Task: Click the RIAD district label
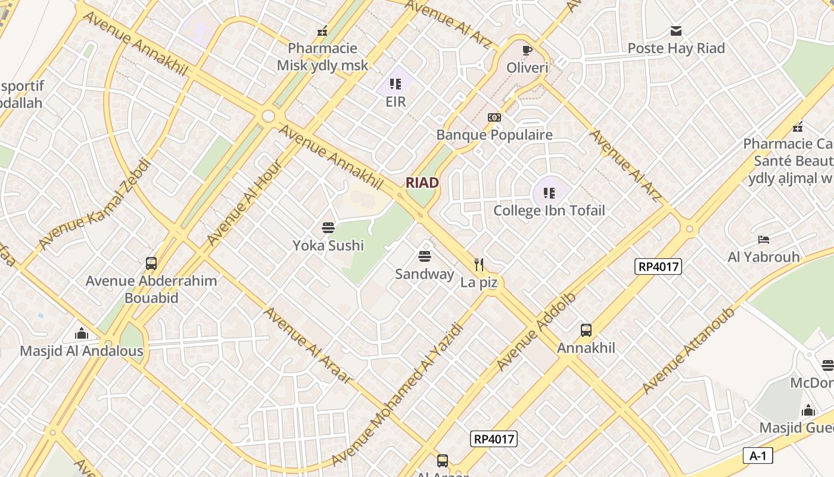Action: point(422,183)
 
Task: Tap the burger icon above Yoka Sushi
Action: point(328,228)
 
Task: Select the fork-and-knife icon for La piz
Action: point(478,264)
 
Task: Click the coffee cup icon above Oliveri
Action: point(527,50)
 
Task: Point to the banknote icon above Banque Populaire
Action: point(494,117)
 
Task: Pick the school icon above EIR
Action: point(395,84)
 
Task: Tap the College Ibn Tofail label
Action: point(549,210)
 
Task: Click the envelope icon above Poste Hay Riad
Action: point(676,31)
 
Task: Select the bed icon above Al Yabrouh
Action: point(763,240)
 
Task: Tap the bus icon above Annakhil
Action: point(586,330)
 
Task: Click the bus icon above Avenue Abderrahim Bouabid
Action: point(151,263)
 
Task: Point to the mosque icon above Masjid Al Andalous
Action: point(82,333)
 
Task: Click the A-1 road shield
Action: point(758,456)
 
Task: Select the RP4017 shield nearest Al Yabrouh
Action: point(659,267)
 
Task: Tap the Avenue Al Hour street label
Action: point(244,202)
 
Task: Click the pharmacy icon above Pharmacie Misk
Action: point(322,31)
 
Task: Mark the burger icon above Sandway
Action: point(425,256)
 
